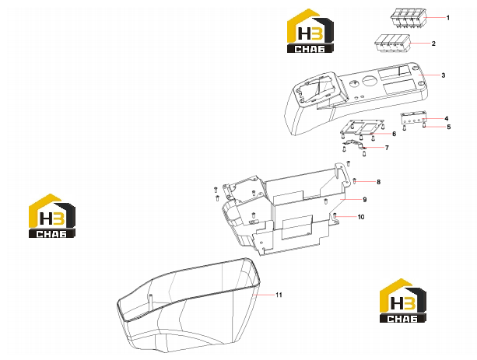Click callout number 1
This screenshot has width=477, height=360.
447,18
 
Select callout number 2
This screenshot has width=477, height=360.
433,44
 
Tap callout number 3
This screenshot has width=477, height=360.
444,75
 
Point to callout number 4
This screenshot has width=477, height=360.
447,119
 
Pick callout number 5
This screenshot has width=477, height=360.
449,127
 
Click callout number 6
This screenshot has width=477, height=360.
394,134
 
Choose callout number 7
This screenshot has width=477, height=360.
387,148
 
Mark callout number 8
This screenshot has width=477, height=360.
378,182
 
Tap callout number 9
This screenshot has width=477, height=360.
365,200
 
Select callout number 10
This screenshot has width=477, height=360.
361,217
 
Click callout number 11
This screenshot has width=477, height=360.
279,295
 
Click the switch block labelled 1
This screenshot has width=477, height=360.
408,18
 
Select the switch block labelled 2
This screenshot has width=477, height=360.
392,44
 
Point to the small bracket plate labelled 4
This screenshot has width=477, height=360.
413,117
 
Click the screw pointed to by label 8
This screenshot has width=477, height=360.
354,181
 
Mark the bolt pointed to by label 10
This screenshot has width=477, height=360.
335,216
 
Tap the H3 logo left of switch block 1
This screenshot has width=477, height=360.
310,30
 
